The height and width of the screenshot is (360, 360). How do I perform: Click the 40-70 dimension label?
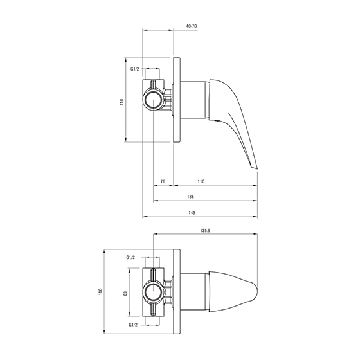click(191, 26)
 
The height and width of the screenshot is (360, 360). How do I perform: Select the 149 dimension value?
click(192, 213)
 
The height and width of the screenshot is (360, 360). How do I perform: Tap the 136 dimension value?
click(190, 197)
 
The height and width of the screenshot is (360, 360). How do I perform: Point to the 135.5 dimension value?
click(205, 231)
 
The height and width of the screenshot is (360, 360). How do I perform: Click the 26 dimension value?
click(163, 181)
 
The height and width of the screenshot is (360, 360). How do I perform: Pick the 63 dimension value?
click(125, 293)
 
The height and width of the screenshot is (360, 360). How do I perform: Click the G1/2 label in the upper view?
click(135, 69)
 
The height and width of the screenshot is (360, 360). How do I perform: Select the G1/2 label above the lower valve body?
click(130, 257)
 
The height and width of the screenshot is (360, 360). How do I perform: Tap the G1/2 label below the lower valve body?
click(133, 325)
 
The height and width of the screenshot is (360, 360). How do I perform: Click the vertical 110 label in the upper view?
click(122, 102)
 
